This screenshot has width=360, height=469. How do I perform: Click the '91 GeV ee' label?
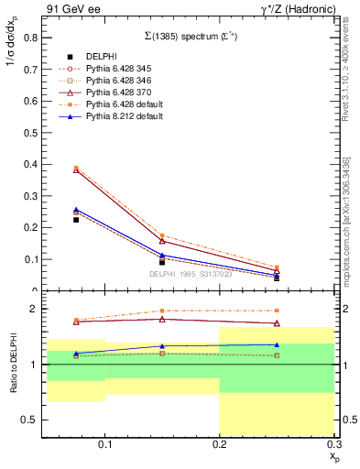pos(71,9)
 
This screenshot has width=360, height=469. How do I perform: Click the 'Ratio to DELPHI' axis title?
pos(14,364)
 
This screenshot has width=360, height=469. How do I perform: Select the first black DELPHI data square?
pos(76,220)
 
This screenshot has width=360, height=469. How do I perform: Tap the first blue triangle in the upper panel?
pos(76,210)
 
